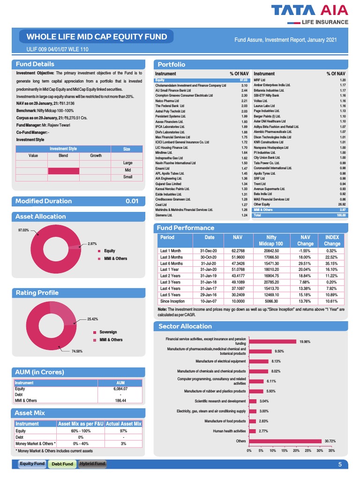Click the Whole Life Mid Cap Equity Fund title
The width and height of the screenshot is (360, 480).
(96, 37)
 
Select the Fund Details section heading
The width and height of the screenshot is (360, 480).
(35, 64)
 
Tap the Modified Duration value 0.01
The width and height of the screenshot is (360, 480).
(132, 201)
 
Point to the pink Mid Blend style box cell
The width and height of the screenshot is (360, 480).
(63, 170)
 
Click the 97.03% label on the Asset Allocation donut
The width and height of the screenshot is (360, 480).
(23, 230)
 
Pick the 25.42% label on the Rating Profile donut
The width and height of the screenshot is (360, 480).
(92, 319)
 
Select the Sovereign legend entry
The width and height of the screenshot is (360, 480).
(108, 332)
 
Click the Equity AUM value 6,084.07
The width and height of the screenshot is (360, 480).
(120, 389)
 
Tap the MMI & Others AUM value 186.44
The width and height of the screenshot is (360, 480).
(120, 400)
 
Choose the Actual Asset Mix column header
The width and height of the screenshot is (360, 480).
(123, 424)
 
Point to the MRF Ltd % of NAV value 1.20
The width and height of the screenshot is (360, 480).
(342, 80)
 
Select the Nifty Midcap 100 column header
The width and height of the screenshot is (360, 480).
(274, 240)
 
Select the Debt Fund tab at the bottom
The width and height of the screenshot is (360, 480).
(62, 464)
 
